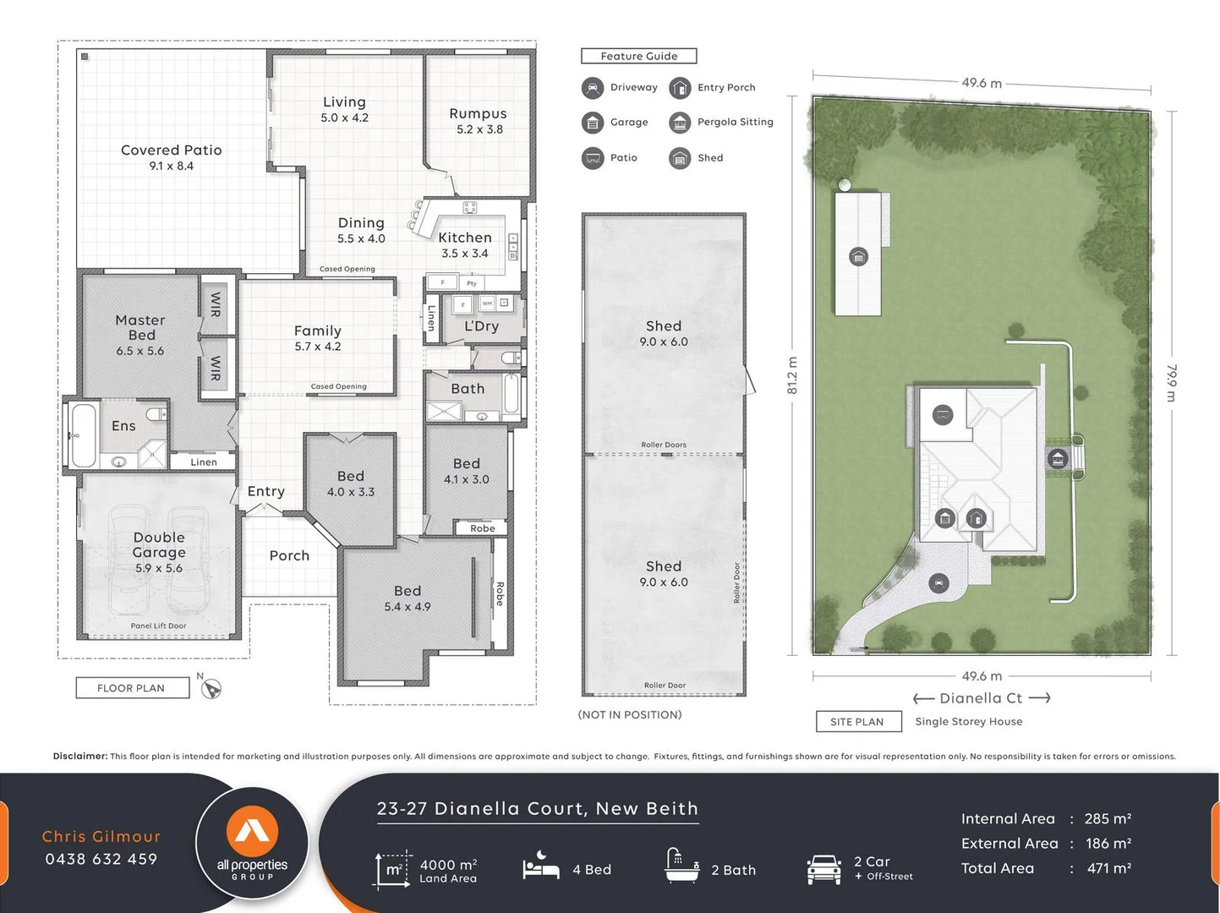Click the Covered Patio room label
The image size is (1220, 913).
pyautogui.click(x=171, y=156)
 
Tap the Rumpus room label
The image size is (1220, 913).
pyautogui.click(x=479, y=120)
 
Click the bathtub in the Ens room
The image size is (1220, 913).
pyautogui.click(x=83, y=435)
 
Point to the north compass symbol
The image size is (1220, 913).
pyautogui.click(x=211, y=689)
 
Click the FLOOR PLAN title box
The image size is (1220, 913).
pyautogui.click(x=131, y=688)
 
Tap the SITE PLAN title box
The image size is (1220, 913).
pyautogui.click(x=856, y=721)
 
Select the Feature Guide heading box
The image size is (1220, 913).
pyautogui.click(x=639, y=56)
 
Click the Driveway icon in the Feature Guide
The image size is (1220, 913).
pyautogui.click(x=593, y=88)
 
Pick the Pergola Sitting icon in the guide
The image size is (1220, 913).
pyautogui.click(x=680, y=123)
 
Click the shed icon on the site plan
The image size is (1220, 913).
pyautogui.click(x=858, y=257)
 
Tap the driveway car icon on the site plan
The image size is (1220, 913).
pyautogui.click(x=938, y=582)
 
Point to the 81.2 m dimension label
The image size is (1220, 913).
pyautogui.click(x=792, y=375)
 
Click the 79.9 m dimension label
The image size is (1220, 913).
pyautogui.click(x=1172, y=383)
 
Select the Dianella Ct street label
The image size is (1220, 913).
pyautogui.click(x=981, y=698)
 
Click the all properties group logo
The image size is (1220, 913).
pyautogui.click(x=252, y=843)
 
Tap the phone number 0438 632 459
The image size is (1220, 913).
pyautogui.click(x=101, y=859)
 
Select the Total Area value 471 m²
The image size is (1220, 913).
pyautogui.click(x=1108, y=868)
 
